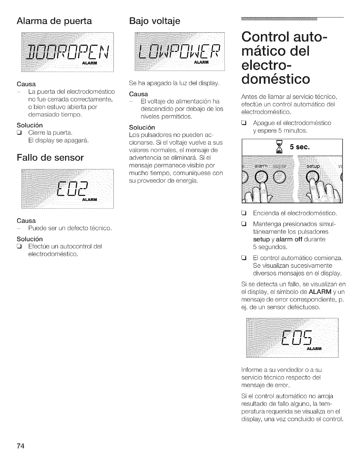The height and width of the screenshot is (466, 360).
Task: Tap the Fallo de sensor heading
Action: [x=50, y=158]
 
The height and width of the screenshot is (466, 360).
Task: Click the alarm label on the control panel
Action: [x=261, y=166]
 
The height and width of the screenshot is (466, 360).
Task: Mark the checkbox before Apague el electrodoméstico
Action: [x=244, y=123]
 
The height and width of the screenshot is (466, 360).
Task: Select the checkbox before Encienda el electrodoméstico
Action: [x=244, y=213]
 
